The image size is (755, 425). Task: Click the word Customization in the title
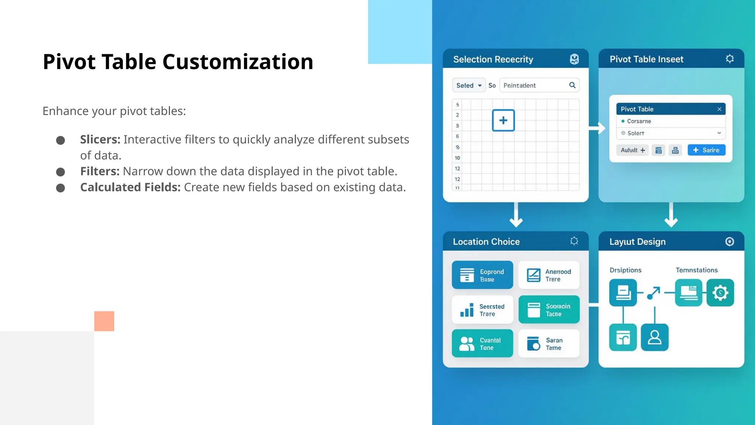pos(237,62)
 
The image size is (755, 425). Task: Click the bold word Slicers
pos(100,139)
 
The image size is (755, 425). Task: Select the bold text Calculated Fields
pos(130,187)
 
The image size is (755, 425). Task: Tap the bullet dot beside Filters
pos(60,172)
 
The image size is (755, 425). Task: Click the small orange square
pos(104,321)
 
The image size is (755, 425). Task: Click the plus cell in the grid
pos(503,120)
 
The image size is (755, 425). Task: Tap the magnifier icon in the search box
pos(572,85)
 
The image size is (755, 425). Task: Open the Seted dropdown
pos(469,85)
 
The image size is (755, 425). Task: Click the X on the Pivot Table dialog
pos(719,109)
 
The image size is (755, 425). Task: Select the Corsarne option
pos(639,121)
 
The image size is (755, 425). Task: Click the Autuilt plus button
pos(632,150)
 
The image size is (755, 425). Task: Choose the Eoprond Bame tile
pos(482,275)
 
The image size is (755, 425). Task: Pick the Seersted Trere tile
pos(482,310)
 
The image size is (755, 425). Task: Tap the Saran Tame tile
pos(549,343)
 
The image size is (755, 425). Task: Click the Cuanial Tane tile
pos(482,343)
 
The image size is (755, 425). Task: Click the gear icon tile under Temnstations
pos(720,293)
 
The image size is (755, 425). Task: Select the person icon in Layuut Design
pos(654,337)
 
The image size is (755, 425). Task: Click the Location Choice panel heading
pos(486,242)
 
